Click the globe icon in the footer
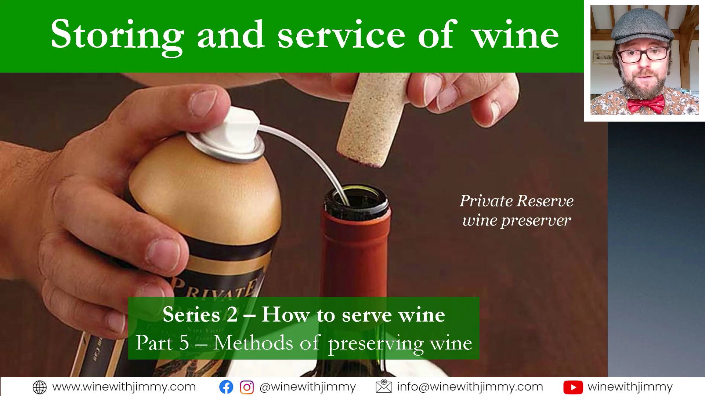[x=40, y=387]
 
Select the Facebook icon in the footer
[x=226, y=387]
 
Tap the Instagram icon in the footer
[x=247, y=387]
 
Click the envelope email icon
[x=384, y=387]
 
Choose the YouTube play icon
[x=573, y=387]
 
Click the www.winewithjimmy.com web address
[x=124, y=387]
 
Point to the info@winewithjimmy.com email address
[x=470, y=387]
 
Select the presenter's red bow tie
[x=645, y=104]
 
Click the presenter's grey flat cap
[x=643, y=27]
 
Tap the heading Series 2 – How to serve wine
[x=304, y=315]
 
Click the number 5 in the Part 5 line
[x=184, y=343]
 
